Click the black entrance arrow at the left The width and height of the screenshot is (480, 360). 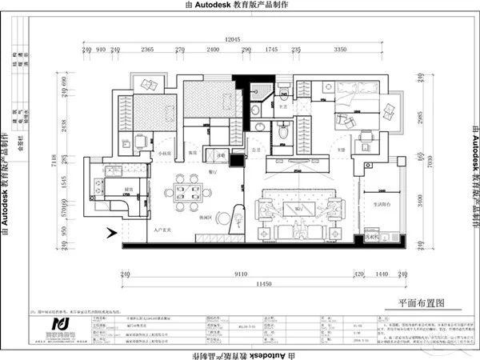pyautogui.click(x=112, y=234)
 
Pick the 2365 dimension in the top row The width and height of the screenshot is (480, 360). pyautogui.click(x=147, y=50)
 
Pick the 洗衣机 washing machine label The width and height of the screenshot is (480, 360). pyautogui.click(x=370, y=237)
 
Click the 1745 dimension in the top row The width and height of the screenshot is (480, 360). pyautogui.click(x=271, y=50)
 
